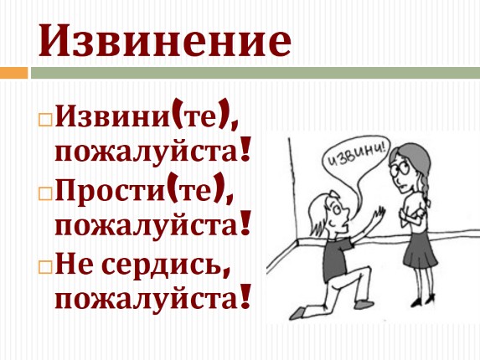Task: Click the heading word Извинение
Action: (x=164, y=40)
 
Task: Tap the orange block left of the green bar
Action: (x=13, y=73)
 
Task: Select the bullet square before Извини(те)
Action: (x=45, y=120)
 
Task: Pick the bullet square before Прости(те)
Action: (x=45, y=193)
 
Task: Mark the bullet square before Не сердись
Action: (x=45, y=267)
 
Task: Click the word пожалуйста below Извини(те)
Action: (x=147, y=152)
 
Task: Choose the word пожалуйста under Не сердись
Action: (x=147, y=298)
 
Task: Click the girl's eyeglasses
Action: (x=400, y=169)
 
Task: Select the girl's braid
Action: (x=426, y=187)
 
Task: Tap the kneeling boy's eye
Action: (x=337, y=209)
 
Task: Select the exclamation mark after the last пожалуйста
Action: (x=245, y=296)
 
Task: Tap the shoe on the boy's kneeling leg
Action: (x=297, y=313)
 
